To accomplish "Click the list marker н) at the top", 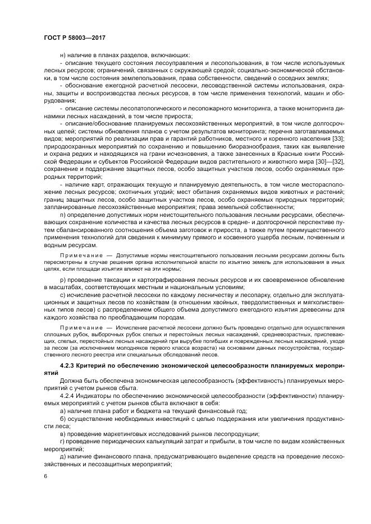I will [x=62, y=55].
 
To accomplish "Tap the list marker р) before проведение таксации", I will [x=62, y=279].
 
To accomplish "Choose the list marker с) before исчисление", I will [x=62, y=295].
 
